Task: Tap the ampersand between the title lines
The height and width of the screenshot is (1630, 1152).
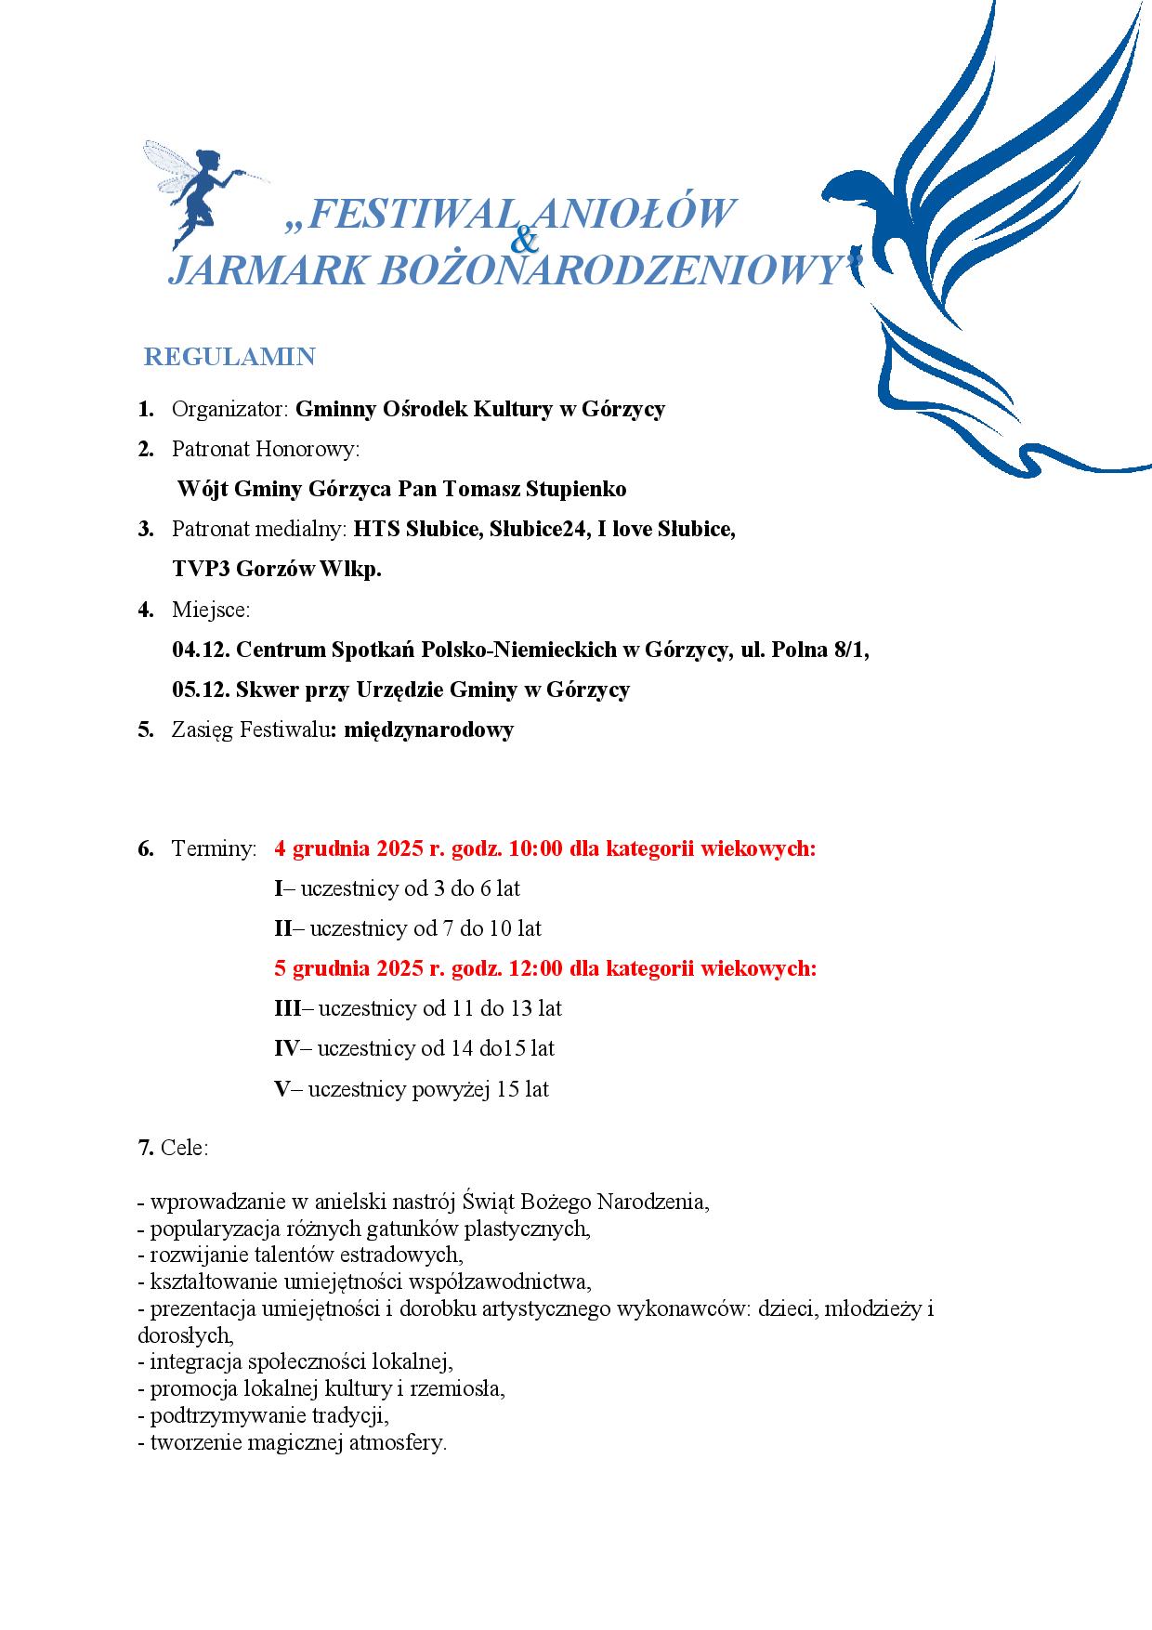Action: [525, 242]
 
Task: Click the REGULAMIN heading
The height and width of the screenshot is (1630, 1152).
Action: [229, 357]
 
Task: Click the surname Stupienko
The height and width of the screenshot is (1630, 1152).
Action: [576, 489]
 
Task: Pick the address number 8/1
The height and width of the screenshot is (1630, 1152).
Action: [850, 650]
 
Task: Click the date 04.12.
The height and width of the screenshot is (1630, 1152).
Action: [201, 650]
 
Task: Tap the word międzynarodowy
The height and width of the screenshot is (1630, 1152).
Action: [428, 730]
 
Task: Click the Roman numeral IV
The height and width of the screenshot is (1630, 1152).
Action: [286, 1048]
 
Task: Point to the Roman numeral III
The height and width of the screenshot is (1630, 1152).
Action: [288, 1008]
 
